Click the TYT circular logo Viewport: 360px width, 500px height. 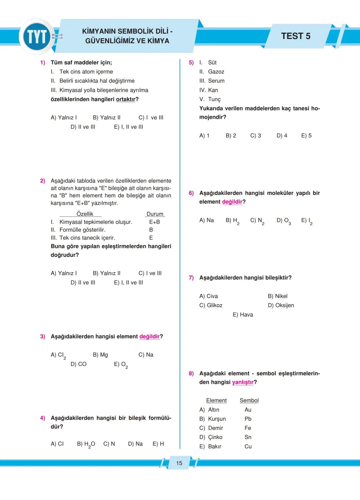(37, 37)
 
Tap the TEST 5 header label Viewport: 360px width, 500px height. (295, 36)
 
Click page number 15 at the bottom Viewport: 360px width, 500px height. (179, 463)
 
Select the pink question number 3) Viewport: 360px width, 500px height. (43, 336)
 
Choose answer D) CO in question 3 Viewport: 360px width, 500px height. (79, 364)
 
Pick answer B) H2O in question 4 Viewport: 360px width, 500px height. (86, 444)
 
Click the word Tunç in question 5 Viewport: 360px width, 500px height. (214, 99)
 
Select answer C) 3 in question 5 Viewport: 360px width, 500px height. (256, 136)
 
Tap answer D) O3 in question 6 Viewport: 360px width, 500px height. (284, 221)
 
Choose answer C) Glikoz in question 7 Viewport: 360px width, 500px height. (211, 305)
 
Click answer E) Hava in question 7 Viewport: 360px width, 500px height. (243, 314)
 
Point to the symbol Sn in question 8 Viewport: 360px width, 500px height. (248, 437)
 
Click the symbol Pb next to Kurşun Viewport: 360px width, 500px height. (248, 419)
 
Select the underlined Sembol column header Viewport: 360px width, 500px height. (249, 400)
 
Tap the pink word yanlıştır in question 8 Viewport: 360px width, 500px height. (243, 382)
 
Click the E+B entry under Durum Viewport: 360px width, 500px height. (154, 222)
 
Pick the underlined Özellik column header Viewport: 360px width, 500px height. (85, 214)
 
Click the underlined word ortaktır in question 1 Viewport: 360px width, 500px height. (126, 99)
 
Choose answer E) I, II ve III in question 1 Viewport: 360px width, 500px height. (128, 127)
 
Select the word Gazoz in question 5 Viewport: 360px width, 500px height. (216, 72)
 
